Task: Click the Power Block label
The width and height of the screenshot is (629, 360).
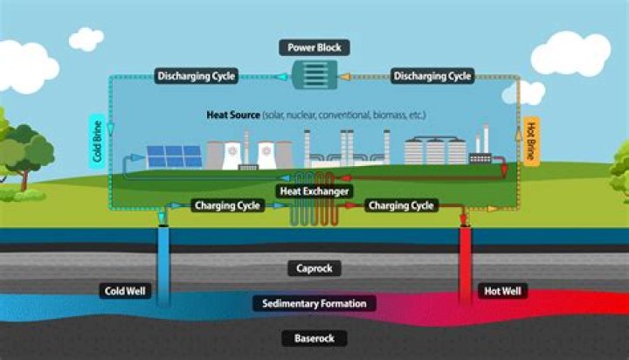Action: (314, 46)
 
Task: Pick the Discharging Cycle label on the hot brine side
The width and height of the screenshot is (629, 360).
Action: (433, 76)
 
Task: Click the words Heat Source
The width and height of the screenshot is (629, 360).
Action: (232, 114)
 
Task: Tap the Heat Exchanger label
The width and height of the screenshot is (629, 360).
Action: (314, 190)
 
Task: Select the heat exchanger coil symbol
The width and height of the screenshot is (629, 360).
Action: (314, 212)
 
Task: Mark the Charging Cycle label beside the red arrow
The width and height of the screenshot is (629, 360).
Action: (402, 206)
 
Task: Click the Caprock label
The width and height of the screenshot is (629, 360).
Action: (314, 268)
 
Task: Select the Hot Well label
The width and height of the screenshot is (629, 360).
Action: (503, 291)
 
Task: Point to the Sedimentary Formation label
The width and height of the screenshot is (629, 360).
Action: (314, 303)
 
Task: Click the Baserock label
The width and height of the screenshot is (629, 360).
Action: (314, 337)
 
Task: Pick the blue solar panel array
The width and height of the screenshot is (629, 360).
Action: (174, 156)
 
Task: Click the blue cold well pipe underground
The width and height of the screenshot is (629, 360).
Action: (163, 262)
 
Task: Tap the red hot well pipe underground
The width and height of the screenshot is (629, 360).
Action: (466, 262)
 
